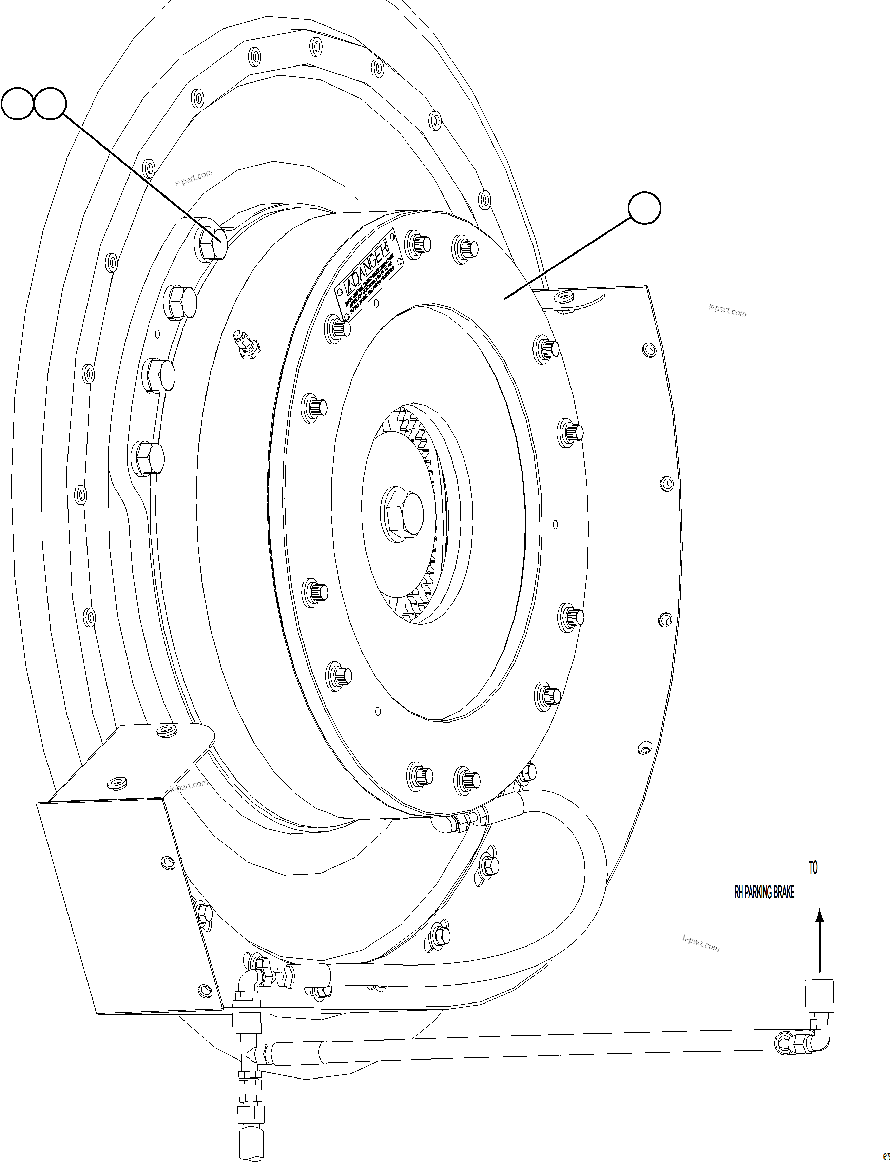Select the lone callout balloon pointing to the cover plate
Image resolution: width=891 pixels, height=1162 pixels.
tap(644, 208)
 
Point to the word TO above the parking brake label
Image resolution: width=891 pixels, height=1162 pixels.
tap(813, 868)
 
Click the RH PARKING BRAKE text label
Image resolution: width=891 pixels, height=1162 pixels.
tap(764, 893)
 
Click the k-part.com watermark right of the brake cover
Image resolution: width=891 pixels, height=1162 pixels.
tap(727, 311)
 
